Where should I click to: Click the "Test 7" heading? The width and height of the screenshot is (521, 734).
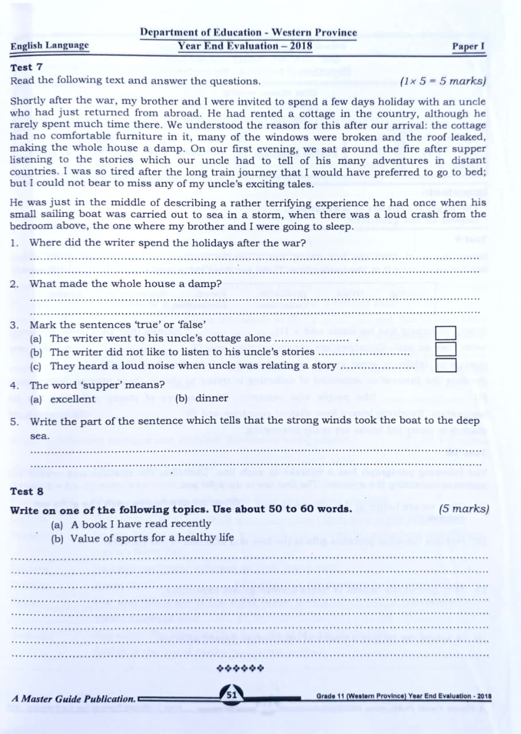26,68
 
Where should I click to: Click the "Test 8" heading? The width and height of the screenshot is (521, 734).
26,491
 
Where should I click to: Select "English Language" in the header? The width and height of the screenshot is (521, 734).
50,45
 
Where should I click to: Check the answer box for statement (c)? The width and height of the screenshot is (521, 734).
446,365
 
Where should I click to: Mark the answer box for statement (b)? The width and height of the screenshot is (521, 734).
446,349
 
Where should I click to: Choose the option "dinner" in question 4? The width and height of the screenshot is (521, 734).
211,398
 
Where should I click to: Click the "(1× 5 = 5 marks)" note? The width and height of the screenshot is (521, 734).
443,81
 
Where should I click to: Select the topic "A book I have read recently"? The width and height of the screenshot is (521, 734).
141,524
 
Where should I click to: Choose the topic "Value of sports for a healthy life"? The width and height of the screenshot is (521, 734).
152,538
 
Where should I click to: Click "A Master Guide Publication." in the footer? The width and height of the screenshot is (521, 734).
74,699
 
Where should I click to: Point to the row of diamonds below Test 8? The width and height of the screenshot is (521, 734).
240,668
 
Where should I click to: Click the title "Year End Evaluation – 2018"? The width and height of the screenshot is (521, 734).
245,46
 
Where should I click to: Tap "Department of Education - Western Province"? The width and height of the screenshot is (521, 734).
248,33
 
